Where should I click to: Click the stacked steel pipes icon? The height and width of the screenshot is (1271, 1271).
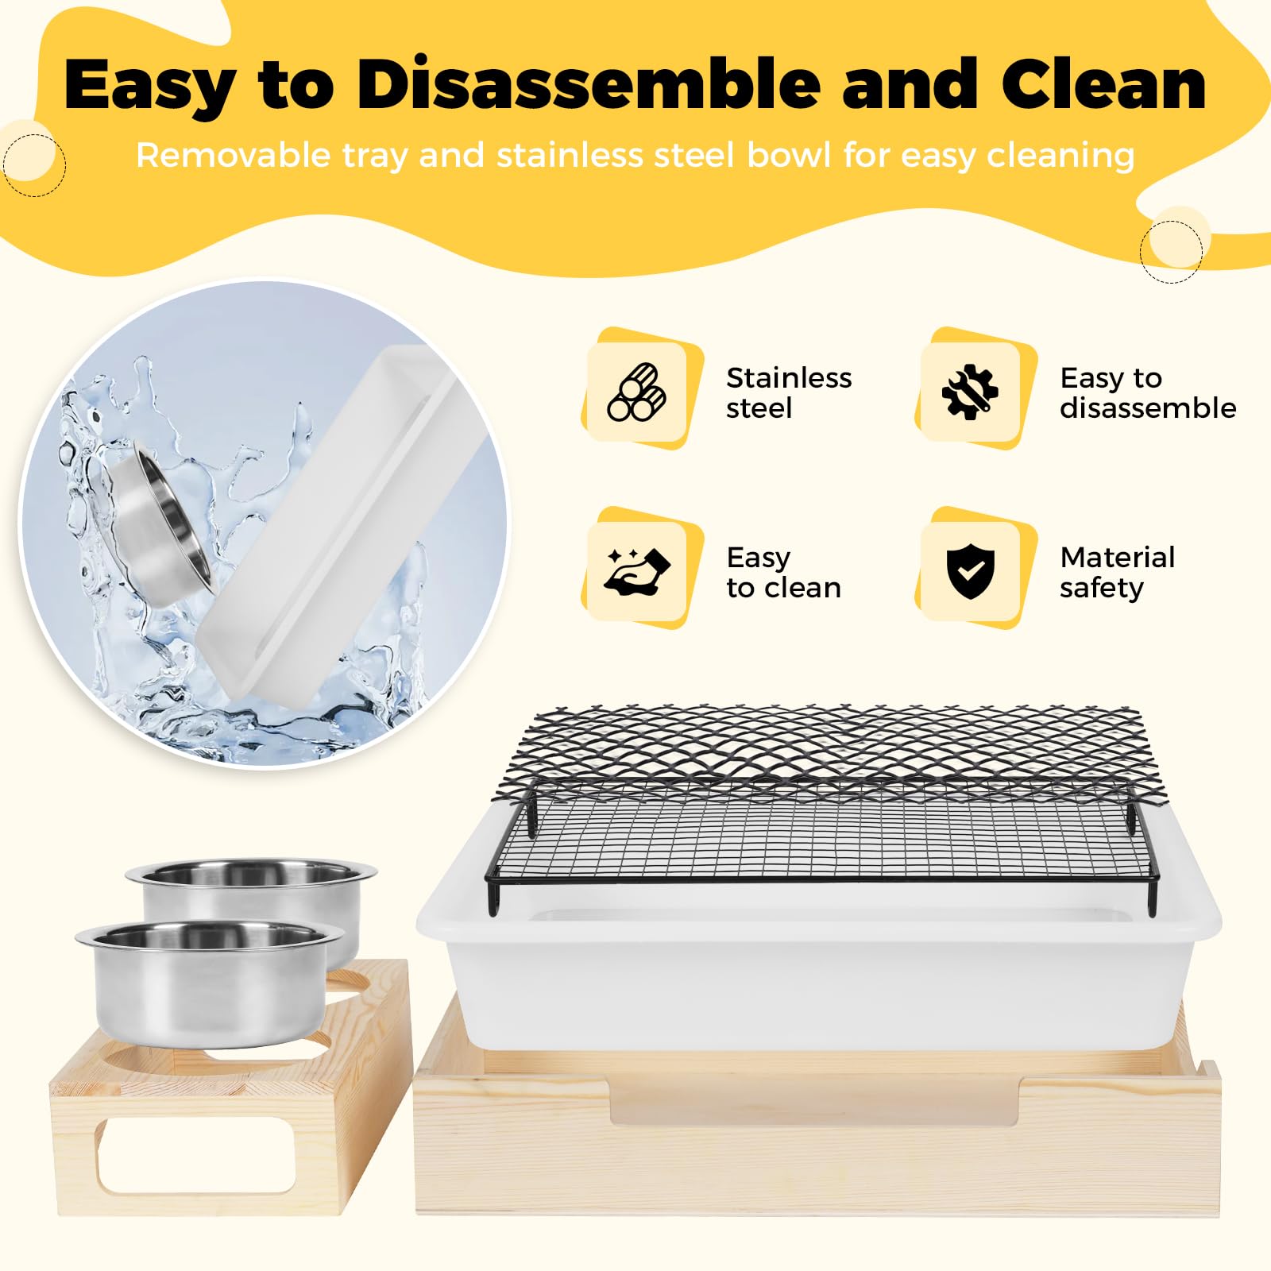[636, 392]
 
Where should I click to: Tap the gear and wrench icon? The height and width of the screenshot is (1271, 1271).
[970, 392]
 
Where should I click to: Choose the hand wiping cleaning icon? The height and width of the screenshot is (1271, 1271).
[637, 570]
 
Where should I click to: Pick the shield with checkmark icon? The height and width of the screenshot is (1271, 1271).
[970, 571]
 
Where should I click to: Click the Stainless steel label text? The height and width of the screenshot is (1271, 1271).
[789, 392]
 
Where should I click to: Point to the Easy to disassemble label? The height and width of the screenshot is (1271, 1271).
[1148, 392]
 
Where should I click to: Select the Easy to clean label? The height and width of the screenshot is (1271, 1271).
[783, 572]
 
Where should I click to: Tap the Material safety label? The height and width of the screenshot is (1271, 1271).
[1117, 572]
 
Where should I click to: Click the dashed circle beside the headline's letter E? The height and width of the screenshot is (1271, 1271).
[33, 164]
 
